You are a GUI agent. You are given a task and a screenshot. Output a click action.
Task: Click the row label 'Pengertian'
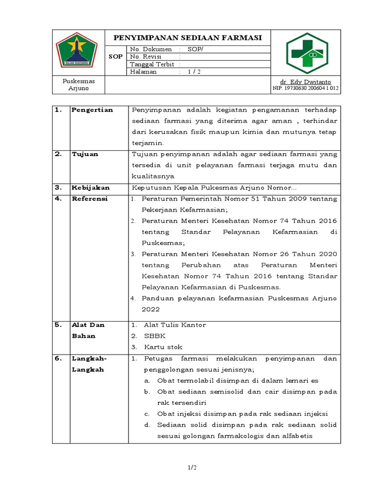pos(92,110)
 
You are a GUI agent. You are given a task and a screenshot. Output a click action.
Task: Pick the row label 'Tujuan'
pos(85,154)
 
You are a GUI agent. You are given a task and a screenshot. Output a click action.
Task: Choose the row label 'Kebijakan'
pos(90,188)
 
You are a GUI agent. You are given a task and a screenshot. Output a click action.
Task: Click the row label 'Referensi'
pos(90,199)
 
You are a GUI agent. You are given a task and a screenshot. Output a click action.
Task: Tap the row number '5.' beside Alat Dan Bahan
pos(59,325)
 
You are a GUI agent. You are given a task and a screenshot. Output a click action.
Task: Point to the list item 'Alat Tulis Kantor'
pos(175,325)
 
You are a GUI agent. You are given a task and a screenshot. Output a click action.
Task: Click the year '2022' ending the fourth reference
pos(151,309)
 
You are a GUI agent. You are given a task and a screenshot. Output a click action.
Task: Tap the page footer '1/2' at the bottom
pos(192,468)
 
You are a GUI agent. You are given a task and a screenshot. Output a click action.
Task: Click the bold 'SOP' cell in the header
pos(116,56)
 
